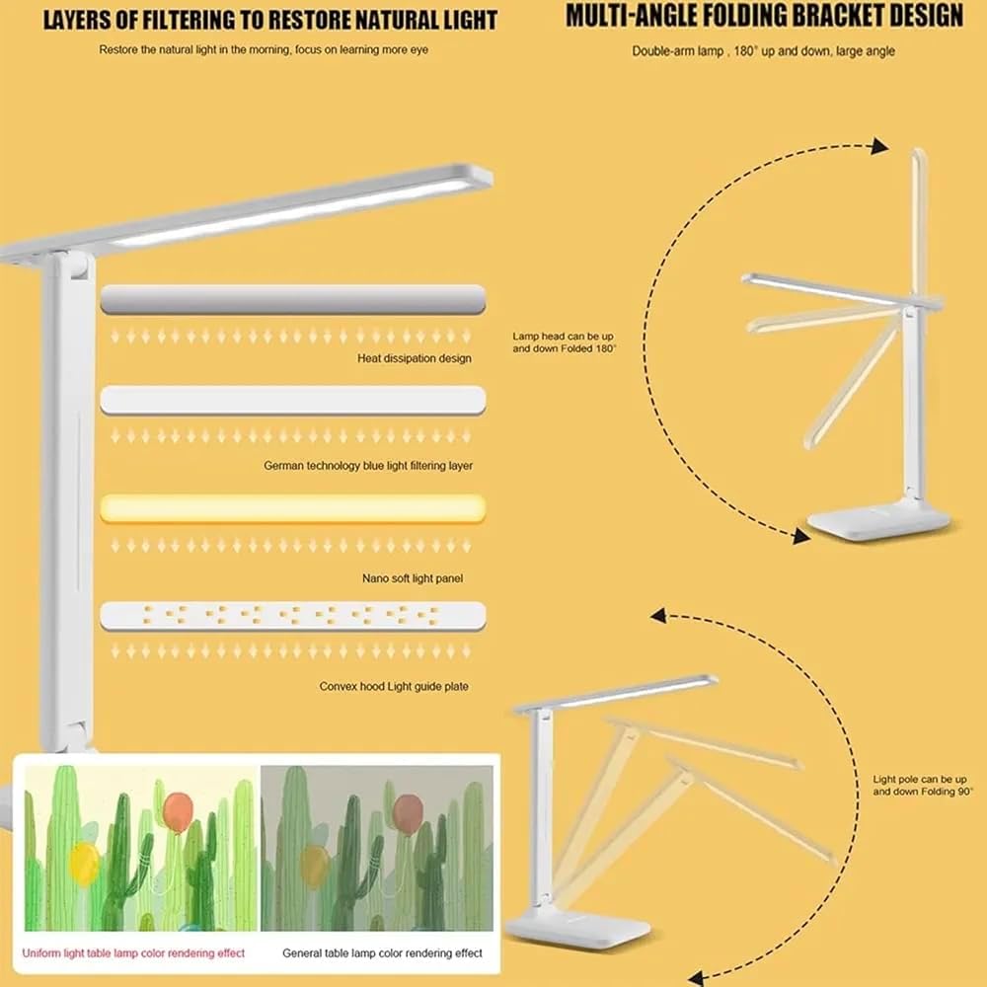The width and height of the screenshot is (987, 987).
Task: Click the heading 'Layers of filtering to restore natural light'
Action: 270,20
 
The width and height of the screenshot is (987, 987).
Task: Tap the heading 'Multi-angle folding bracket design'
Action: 764,16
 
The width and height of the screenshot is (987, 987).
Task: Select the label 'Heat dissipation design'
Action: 415,358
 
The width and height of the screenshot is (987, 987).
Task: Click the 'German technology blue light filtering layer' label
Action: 368,466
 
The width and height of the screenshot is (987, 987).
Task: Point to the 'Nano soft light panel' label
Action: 413,577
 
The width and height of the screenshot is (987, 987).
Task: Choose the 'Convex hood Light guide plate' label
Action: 394,686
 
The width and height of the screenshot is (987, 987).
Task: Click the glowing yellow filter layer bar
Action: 293,508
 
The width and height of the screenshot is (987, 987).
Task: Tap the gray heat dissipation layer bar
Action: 293,299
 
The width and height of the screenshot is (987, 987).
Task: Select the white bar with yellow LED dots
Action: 293,616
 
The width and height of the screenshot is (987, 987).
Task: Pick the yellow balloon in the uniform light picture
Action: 84,864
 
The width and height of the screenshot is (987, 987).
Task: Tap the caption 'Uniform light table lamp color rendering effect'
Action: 133,953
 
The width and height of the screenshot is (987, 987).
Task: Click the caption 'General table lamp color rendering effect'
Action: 382,953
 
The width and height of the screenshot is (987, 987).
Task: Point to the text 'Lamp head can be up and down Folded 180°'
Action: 564,342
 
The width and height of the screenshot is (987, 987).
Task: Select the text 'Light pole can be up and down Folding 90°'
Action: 922,785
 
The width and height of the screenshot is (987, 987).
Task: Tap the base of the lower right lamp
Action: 577,926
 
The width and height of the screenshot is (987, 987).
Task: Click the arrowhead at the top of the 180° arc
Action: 878,146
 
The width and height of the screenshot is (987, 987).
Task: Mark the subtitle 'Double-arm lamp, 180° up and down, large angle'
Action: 763,51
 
